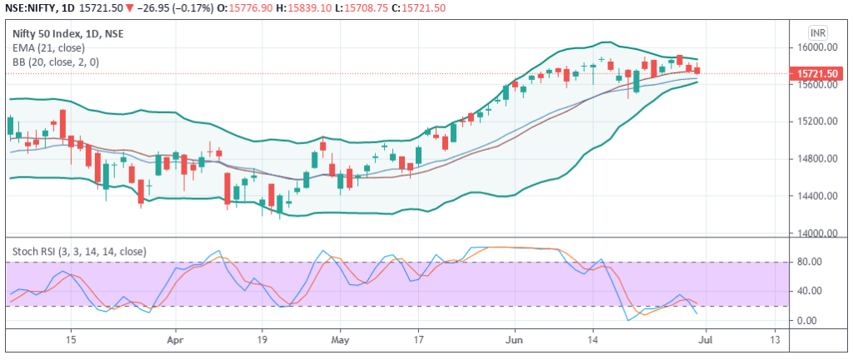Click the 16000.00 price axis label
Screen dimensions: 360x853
[x=815, y=47]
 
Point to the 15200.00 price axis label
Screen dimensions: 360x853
[x=815, y=122]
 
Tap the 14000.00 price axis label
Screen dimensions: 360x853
[x=815, y=233]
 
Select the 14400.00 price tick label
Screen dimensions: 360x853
[x=815, y=197]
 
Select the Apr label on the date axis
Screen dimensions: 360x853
[x=175, y=340]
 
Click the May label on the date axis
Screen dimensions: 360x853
[x=338, y=340]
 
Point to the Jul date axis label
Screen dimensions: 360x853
[x=704, y=340]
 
